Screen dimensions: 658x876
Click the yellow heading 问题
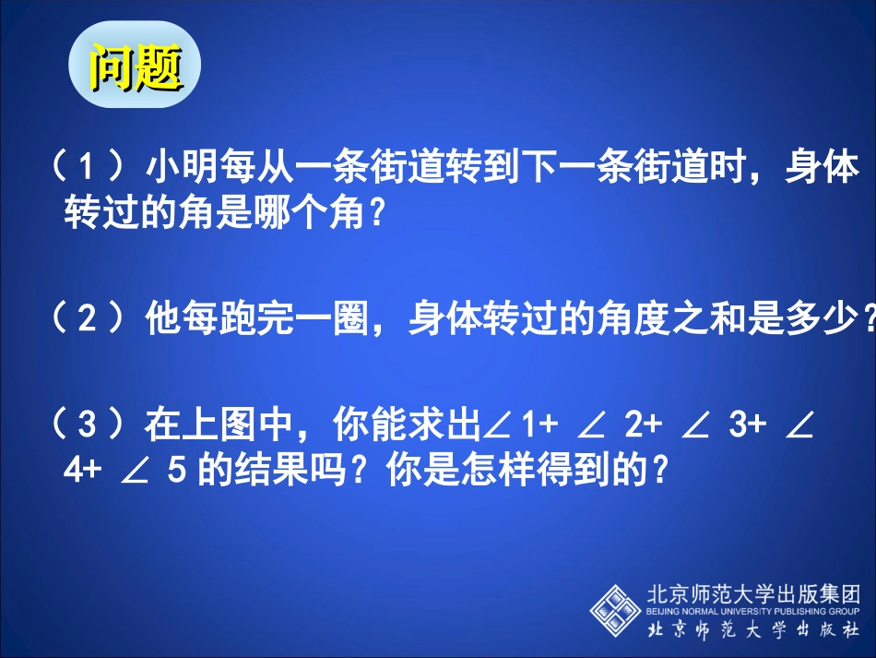(135, 66)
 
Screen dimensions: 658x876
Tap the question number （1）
(88, 170)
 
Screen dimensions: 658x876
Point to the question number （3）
(88, 426)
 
